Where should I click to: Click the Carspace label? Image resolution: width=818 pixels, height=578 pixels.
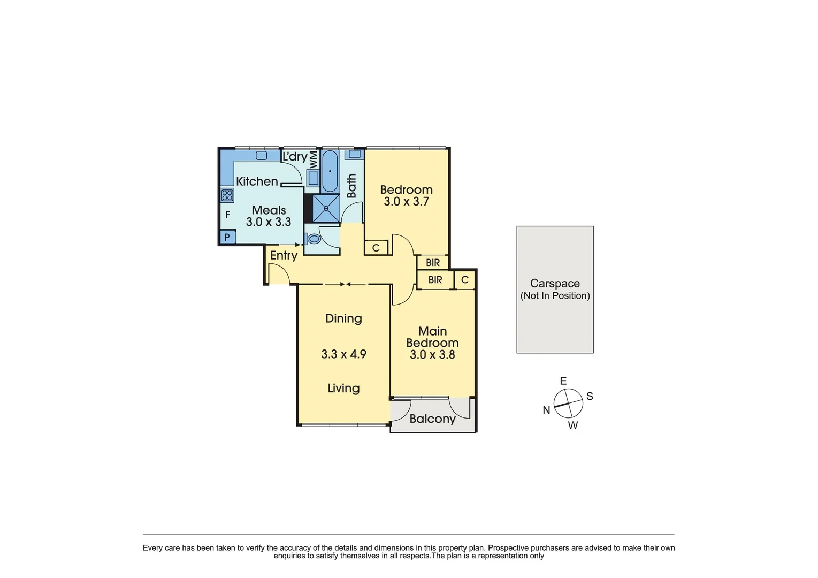coord(555,284)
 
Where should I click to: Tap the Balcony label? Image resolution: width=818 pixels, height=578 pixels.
coord(432,419)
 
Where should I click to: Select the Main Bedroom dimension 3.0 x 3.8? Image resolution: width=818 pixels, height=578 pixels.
coord(432,354)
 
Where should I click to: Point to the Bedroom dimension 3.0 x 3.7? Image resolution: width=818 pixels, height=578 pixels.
coord(406,202)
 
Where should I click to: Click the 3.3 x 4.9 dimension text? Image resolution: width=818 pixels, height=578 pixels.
coord(343,354)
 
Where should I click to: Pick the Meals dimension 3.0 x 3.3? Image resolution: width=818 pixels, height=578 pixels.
coord(269,222)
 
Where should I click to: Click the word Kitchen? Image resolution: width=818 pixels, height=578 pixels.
coord(257,181)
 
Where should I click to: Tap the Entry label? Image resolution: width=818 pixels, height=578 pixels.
coord(284,255)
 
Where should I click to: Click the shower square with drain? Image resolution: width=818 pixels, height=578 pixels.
coord(326,208)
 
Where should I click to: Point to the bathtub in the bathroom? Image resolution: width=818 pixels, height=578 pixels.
coord(330,171)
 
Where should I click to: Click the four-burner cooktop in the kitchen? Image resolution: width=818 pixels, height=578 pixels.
coord(227,195)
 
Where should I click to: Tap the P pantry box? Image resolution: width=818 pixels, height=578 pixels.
coord(227,237)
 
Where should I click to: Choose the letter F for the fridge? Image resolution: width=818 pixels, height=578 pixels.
coord(227,215)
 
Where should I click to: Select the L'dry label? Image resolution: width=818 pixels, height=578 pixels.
coord(295,157)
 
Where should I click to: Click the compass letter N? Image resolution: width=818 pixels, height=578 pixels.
coord(546,410)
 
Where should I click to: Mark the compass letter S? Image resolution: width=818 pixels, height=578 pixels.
coord(590,396)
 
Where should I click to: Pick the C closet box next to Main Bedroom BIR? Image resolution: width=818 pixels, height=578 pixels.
coord(464,280)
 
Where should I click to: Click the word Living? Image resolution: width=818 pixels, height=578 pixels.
coord(343,388)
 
